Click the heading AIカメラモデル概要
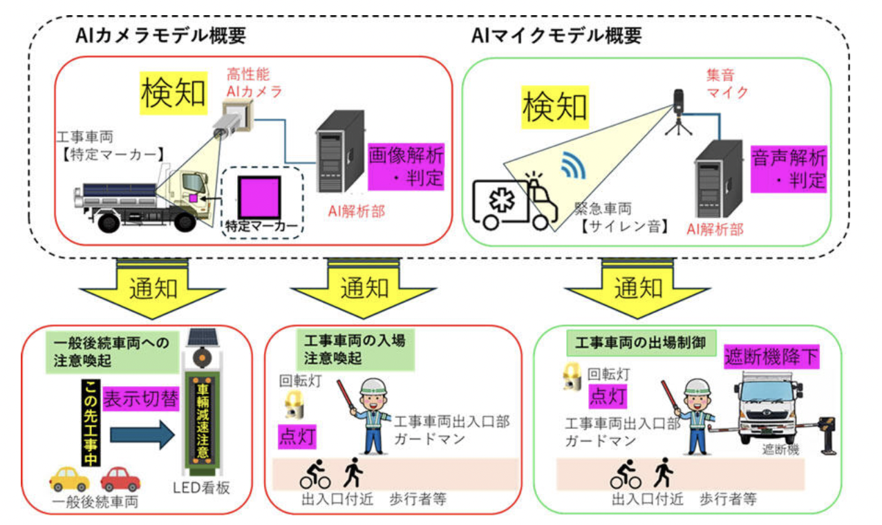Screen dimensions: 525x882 tap(160, 36)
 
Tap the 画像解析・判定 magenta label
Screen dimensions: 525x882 tap(406, 166)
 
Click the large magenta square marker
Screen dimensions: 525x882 tap(259, 197)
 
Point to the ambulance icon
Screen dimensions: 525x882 tap(514, 200)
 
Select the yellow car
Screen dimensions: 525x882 tap(69, 477)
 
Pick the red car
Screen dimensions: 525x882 tap(120, 477)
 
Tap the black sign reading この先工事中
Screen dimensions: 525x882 tap(91, 422)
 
